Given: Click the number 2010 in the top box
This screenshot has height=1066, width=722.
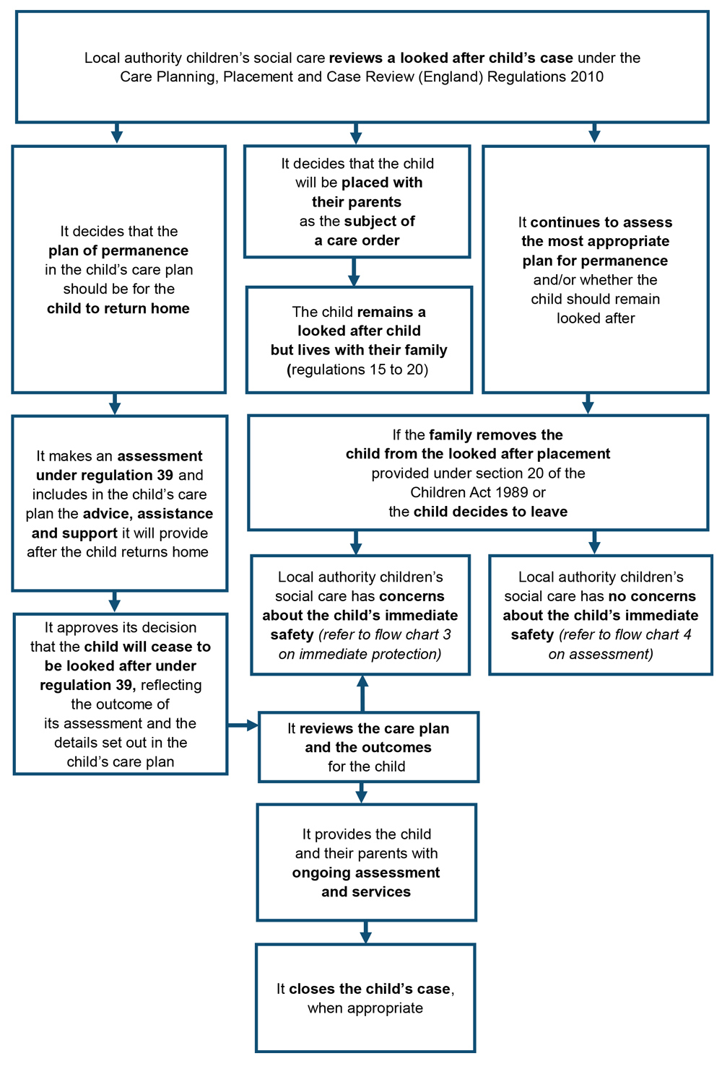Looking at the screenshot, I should tap(583, 77).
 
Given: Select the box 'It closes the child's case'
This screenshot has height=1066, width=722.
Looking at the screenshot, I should tap(365, 997).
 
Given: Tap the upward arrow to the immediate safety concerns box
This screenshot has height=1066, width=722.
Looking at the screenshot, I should tap(363, 693).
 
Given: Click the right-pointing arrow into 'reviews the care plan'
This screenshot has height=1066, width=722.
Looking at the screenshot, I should tap(244, 725).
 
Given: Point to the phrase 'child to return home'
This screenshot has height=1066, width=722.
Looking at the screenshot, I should tap(118, 308).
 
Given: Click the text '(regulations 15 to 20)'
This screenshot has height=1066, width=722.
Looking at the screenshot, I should tap(359, 370).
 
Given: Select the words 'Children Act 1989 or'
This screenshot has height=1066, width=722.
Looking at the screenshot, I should tap(478, 492).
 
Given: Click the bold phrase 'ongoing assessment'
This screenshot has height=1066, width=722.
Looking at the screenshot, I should tap(366, 873).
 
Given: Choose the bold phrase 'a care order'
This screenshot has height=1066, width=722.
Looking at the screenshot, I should tap(357, 240).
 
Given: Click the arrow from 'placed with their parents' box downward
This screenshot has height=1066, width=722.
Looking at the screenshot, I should tap(354, 272).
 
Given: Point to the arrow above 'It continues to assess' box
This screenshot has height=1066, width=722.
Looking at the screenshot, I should tap(594, 134).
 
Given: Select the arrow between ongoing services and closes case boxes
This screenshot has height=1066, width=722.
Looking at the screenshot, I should tap(365, 932).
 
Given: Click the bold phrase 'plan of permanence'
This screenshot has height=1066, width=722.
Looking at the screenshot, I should tap(118, 250).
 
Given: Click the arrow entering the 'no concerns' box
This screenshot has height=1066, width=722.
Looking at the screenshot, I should tap(594, 542).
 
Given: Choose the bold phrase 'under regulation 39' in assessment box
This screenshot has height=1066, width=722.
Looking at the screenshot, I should tap(105, 475).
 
